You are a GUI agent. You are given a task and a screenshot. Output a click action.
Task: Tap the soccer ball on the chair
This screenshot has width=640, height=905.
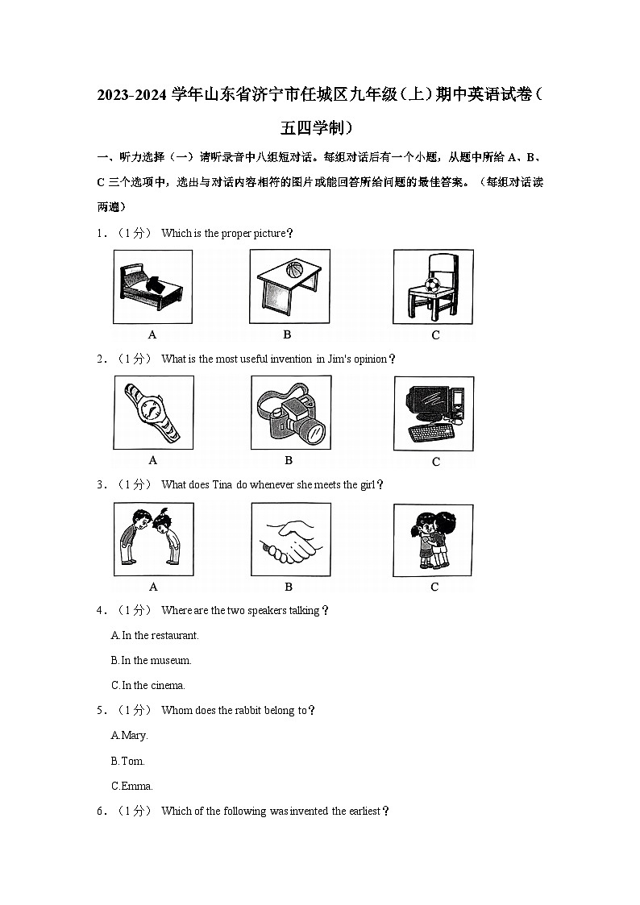coord(432,284)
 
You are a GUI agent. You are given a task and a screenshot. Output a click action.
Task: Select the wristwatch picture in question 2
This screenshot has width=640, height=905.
coord(153,412)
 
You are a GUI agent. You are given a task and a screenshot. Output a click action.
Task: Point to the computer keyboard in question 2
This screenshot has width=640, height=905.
coord(430,434)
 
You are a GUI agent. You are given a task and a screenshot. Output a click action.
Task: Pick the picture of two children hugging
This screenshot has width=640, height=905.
coord(433,540)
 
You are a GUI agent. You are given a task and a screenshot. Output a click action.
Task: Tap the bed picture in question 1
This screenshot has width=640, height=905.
coord(152,286)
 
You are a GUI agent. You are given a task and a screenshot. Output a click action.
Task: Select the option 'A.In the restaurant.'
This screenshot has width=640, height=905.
coord(155,635)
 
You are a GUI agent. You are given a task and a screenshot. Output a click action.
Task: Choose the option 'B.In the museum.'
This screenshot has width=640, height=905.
coord(152,660)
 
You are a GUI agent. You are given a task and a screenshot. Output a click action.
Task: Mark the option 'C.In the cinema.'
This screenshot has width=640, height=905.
coord(148,685)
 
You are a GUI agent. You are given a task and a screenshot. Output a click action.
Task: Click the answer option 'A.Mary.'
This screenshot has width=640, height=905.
coord(130,735)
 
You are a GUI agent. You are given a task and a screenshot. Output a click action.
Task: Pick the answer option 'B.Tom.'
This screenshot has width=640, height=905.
coord(127,761)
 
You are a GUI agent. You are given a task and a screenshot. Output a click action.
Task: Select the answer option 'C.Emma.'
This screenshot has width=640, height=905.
coord(132,786)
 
